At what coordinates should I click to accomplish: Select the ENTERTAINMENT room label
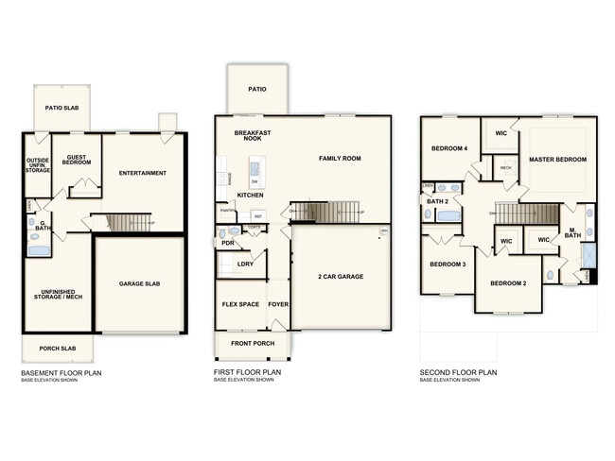[x=143, y=173]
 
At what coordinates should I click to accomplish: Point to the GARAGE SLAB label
[x=139, y=283]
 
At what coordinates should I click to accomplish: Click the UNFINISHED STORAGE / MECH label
[x=56, y=296]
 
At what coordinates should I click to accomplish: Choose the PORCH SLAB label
[x=57, y=349]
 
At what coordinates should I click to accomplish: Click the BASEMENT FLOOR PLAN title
[x=61, y=373]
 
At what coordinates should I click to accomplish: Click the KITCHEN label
[x=250, y=195]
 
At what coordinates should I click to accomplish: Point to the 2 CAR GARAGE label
[x=341, y=277]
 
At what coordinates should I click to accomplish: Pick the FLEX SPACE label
[x=240, y=305]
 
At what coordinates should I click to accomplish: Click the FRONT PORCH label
[x=253, y=343]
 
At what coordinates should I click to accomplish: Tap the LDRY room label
[x=245, y=264]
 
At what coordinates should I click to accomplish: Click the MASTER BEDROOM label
[x=556, y=159]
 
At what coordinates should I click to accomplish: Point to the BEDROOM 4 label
[x=449, y=148]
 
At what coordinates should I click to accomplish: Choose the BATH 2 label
[x=437, y=201]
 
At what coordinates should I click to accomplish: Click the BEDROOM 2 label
[x=508, y=282]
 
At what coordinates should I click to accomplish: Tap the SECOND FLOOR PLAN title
[x=459, y=373]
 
